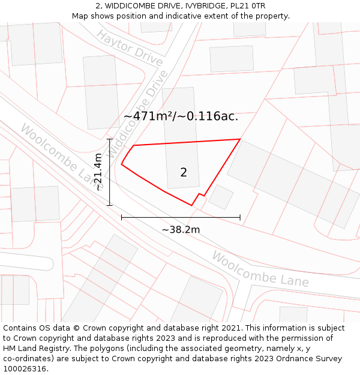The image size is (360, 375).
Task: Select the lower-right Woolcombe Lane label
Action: [x=260, y=269]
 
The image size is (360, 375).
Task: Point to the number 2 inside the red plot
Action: [x=184, y=173]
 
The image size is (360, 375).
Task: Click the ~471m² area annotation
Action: [x=181, y=116]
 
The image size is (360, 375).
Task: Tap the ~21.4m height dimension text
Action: [x=99, y=172]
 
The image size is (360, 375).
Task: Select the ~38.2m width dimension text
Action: [x=181, y=229]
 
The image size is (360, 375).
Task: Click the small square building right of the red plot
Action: [x=221, y=197]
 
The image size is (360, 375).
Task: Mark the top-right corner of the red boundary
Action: [x=240, y=139]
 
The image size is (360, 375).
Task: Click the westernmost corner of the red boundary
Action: [x=122, y=164]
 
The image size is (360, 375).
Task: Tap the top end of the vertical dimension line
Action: [x=110, y=139]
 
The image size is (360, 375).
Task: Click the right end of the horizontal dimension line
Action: [x=240, y=217]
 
